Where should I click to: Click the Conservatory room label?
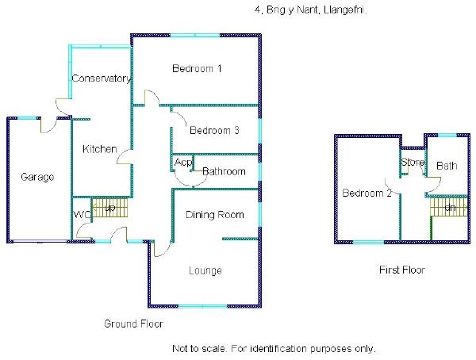click(x=100, y=79)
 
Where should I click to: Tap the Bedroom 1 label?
click(x=197, y=69)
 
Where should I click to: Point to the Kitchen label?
click(x=100, y=149)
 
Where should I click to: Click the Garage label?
click(x=37, y=177)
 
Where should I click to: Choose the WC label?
click(x=83, y=215)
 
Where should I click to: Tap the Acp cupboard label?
click(x=183, y=163)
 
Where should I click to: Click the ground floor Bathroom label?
click(x=223, y=171)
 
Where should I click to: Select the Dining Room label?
click(x=214, y=215)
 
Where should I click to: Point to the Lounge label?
click(x=205, y=271)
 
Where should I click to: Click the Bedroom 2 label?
click(x=367, y=193)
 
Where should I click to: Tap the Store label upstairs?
click(x=413, y=163)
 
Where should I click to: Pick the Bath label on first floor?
click(x=447, y=166)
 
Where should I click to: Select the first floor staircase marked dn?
click(x=449, y=208)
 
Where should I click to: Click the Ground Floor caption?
click(x=134, y=324)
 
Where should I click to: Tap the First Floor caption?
click(x=402, y=270)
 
